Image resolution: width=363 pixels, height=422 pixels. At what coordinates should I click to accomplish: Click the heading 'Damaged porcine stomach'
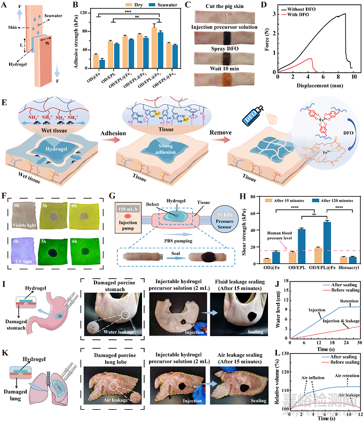pyautogui.click(x=109, y=282)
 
